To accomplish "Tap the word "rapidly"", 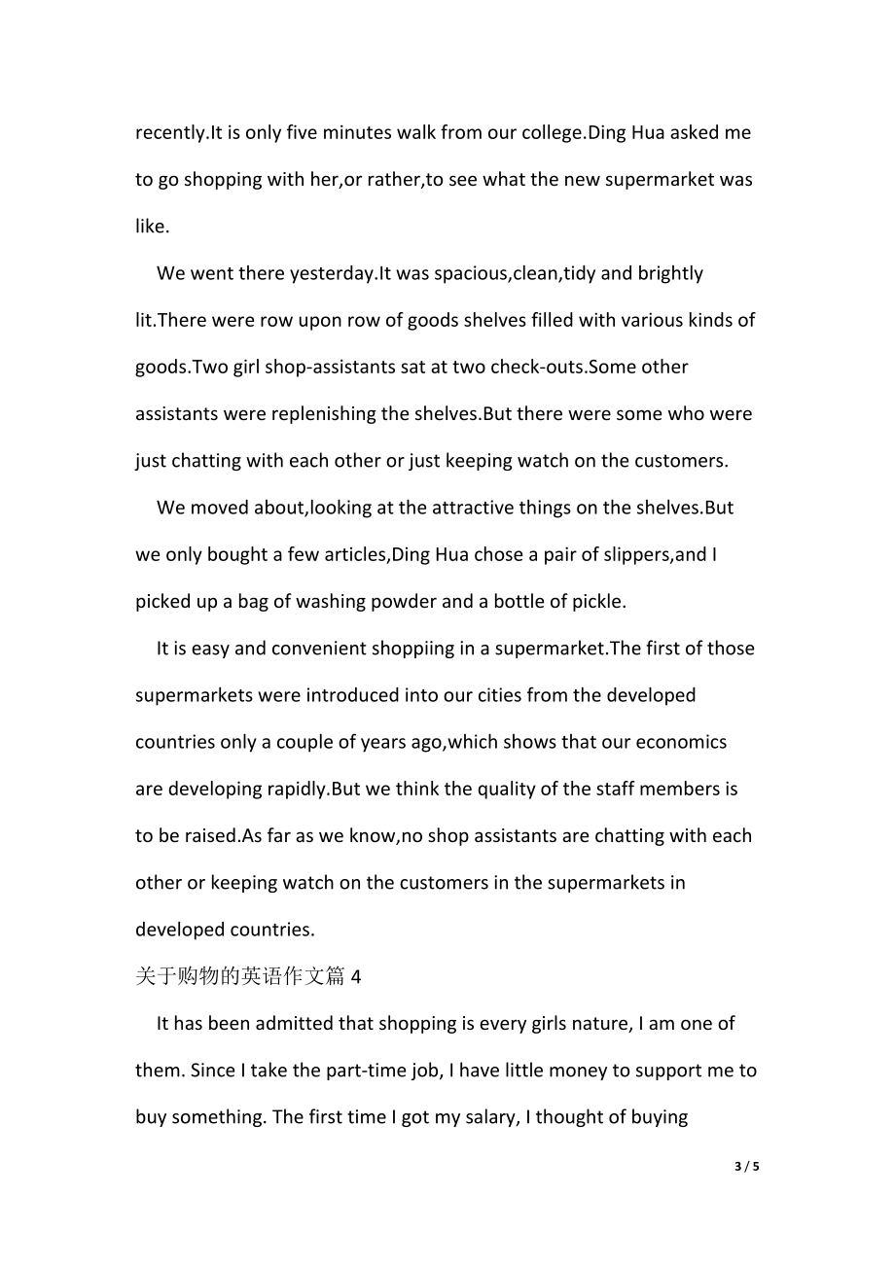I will (296, 789).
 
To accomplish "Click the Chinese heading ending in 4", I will (248, 976).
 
